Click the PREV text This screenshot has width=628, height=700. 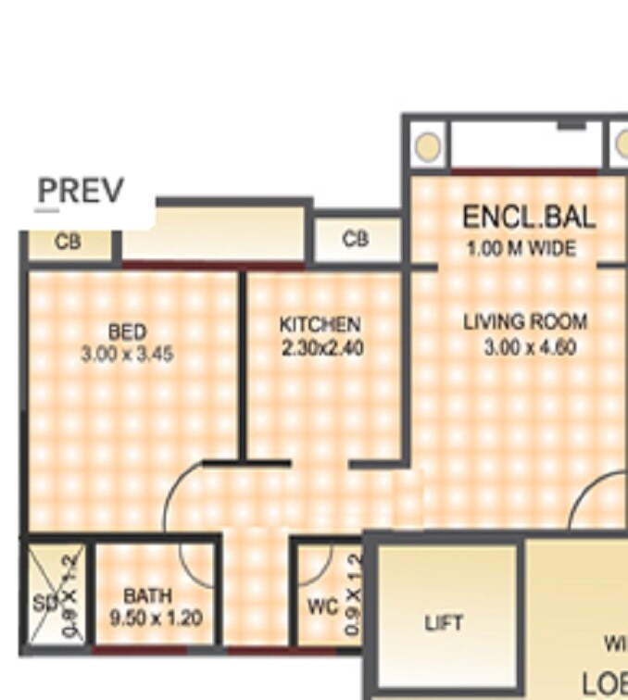(x=80, y=192)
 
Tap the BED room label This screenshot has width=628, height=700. (x=127, y=332)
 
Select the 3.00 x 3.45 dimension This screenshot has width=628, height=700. (x=127, y=354)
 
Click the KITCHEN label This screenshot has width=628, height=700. (x=320, y=325)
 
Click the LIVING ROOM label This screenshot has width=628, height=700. (x=524, y=322)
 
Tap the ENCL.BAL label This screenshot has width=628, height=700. (x=529, y=219)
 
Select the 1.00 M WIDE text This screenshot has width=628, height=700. (x=521, y=248)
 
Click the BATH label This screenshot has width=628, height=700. (x=146, y=596)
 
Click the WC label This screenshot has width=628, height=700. (x=322, y=607)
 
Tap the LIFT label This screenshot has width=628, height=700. (x=444, y=623)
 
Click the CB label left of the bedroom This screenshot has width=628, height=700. (x=68, y=243)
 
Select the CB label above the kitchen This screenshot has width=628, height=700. (x=356, y=240)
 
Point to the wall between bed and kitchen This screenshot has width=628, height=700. (x=243, y=366)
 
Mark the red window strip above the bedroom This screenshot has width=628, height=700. (x=182, y=266)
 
